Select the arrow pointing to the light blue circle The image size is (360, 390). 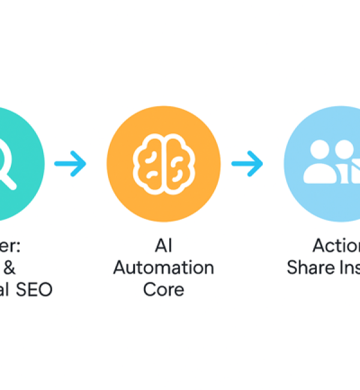(247, 161)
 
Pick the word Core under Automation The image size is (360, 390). (163, 289)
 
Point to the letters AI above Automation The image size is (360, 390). (163, 245)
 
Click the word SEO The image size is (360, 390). (35, 289)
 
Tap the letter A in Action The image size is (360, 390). (318, 245)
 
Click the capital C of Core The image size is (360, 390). (149, 289)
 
